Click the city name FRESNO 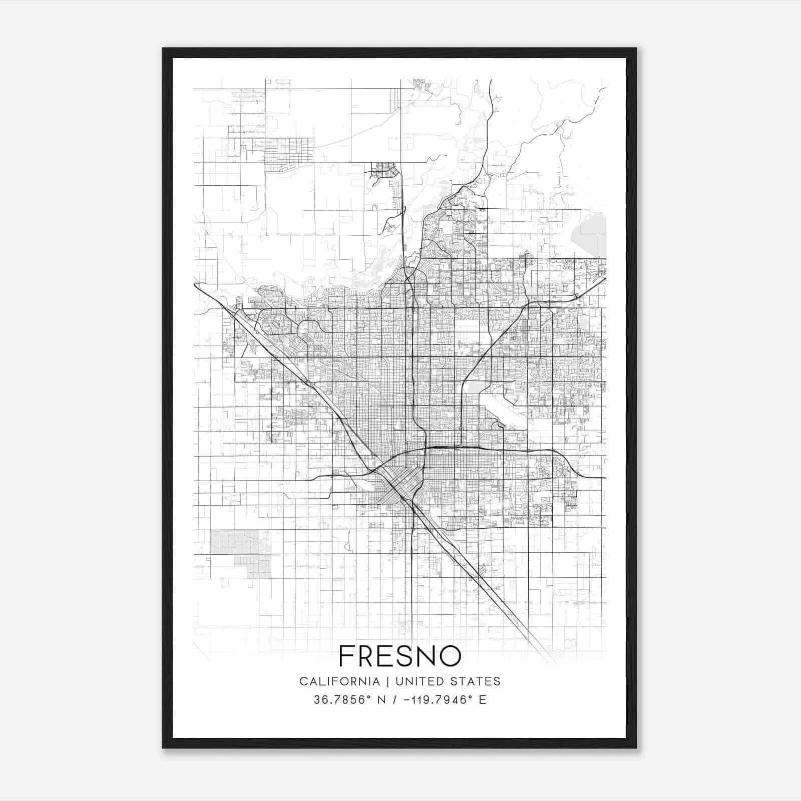[399, 656]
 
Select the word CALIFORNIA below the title [339, 681]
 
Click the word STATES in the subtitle [478, 681]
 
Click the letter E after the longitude [483, 700]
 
